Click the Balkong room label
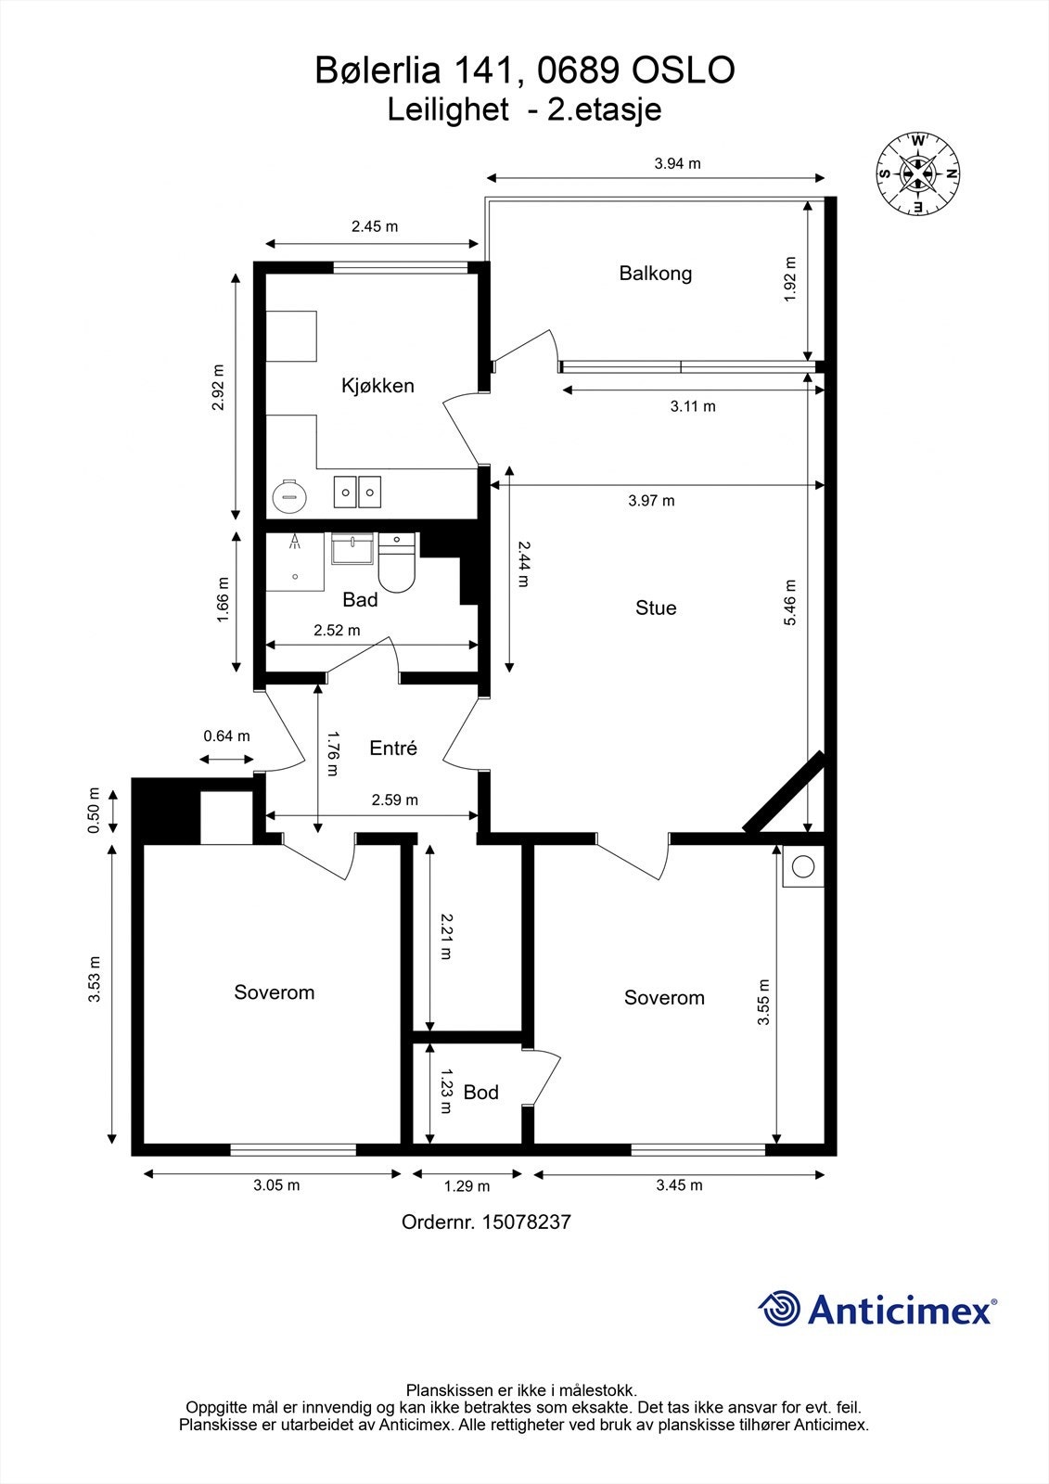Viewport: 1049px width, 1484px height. [656, 273]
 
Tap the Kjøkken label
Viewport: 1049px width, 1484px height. [377, 385]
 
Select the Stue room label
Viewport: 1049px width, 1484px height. [656, 608]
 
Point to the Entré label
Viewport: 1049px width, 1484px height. [393, 748]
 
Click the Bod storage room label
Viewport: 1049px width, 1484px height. [481, 1092]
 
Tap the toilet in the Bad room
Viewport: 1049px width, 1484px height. [396, 564]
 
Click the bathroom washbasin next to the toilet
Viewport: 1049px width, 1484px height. [352, 549]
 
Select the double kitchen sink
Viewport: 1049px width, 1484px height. [357, 492]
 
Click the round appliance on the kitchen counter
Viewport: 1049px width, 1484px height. [289, 494]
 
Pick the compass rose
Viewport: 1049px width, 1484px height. [918, 173]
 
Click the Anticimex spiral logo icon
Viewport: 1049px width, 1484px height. [779, 1309]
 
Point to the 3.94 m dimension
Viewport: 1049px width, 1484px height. [677, 163]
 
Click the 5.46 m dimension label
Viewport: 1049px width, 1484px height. [790, 602]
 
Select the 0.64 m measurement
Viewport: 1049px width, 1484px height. [226, 736]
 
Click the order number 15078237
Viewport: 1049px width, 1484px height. [527, 1222]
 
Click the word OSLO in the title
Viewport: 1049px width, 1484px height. [684, 70]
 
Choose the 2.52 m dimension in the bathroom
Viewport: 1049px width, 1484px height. [338, 630]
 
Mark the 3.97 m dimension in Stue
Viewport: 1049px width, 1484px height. [651, 500]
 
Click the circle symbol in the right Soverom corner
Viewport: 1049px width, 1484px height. [803, 866]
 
